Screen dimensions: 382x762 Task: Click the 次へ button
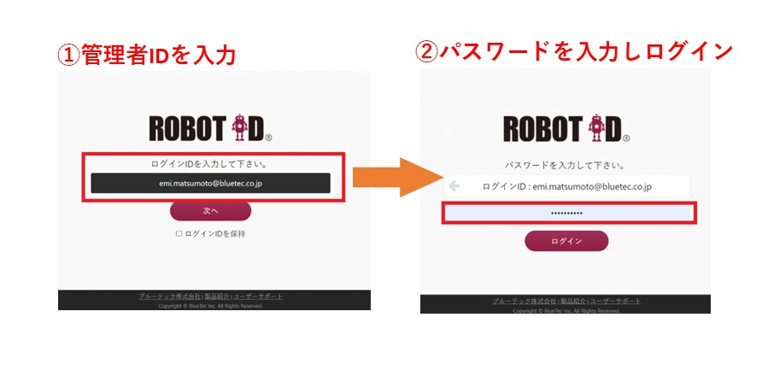210,210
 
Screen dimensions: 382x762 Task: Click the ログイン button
566,241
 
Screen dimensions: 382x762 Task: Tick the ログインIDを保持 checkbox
179,233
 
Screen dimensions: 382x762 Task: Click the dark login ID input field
210,183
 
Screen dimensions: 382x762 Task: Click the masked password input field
569,212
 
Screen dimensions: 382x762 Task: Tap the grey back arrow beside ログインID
454,185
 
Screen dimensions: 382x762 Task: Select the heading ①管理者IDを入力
146,56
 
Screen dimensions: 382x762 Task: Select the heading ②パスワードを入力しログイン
573,51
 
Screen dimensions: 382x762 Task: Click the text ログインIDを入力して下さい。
210,163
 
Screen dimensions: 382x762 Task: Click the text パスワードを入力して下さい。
566,165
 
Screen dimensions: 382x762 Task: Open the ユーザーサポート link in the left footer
258,297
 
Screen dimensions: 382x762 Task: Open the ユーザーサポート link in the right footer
614,302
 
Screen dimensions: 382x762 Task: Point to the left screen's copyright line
210,305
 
